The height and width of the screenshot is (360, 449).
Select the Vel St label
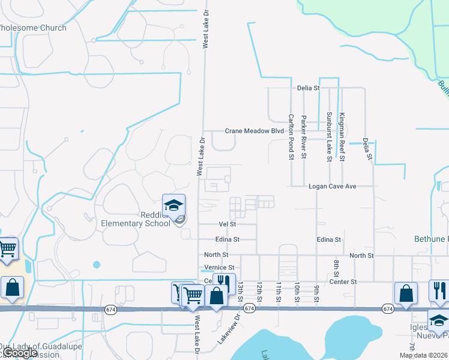click(x=228, y=224)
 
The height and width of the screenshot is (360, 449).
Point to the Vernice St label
click(x=219, y=268)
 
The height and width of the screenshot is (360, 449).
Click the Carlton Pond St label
click(x=291, y=137)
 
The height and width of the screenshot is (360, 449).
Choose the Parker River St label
click(x=304, y=137)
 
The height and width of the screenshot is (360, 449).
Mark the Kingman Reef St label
click(x=342, y=137)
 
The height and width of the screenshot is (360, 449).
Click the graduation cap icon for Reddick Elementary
click(x=173, y=206)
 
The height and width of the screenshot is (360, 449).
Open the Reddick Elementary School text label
click(x=136, y=220)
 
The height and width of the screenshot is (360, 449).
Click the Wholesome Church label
click(x=32, y=28)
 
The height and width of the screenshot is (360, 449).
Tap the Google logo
click(x=20, y=353)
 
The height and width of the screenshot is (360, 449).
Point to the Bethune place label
click(x=431, y=239)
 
